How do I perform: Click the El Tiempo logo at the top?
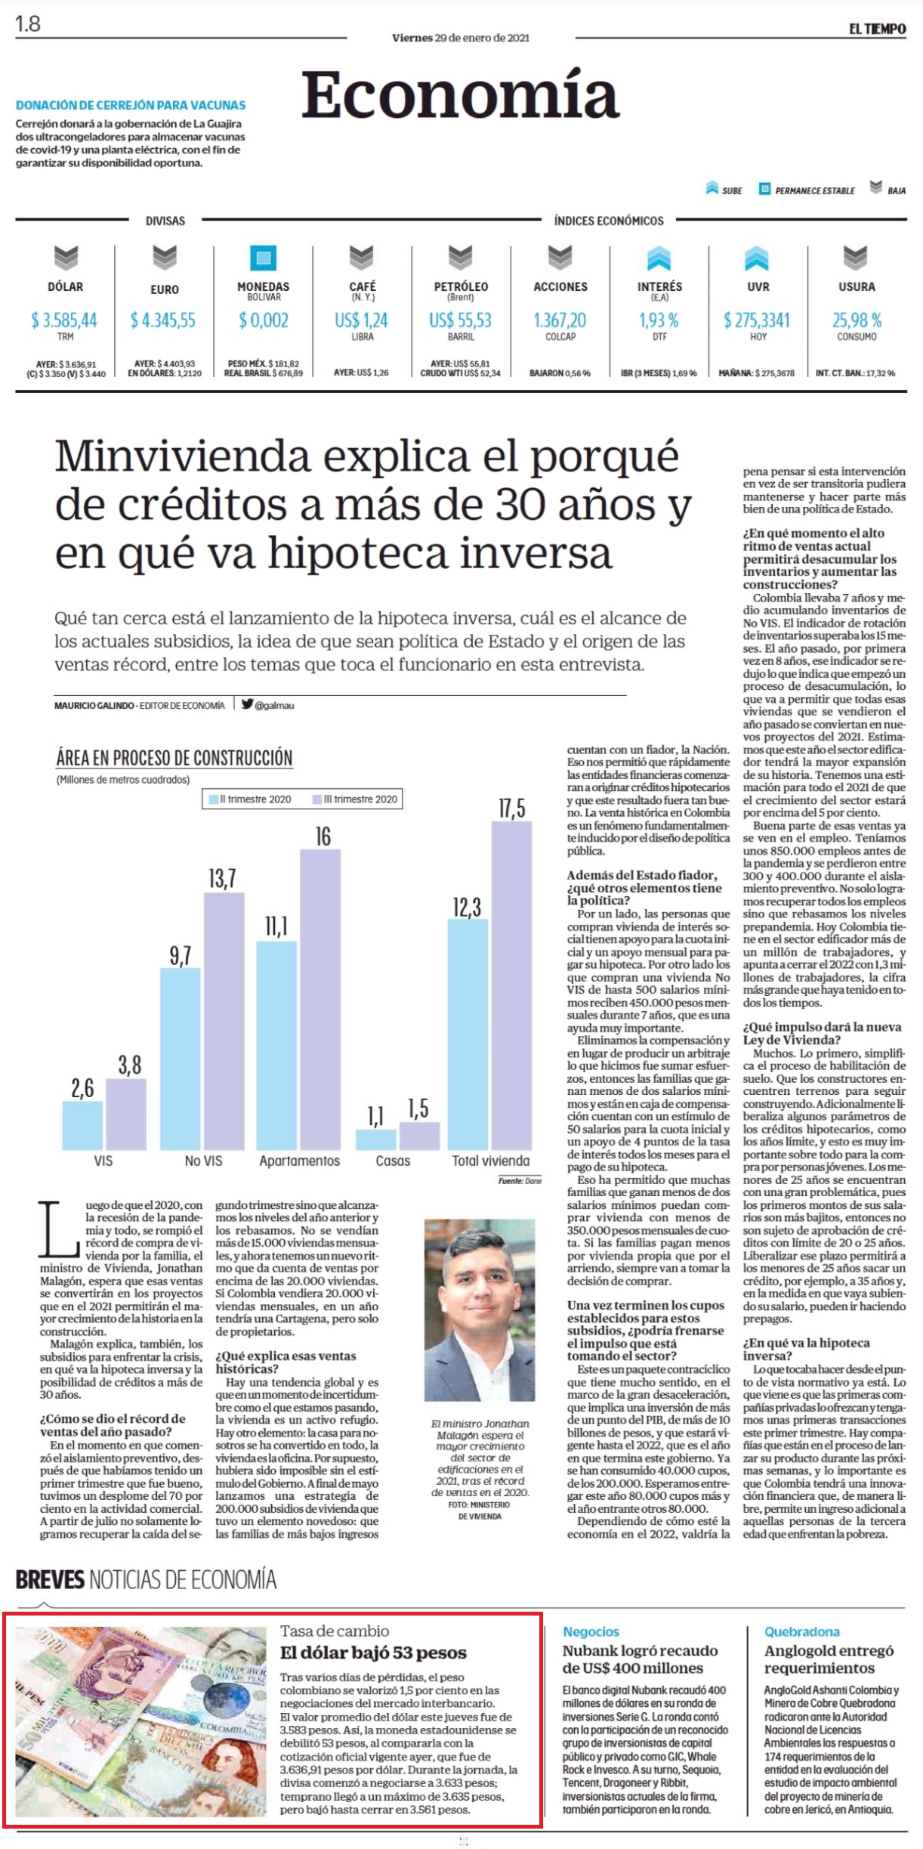coord(877,29)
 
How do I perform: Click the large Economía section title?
coord(460,95)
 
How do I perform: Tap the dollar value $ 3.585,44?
coord(64,320)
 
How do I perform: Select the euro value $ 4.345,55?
coord(163,320)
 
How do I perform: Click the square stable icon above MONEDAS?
coord(263,258)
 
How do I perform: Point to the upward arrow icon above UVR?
coord(757,258)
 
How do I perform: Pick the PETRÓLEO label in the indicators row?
coord(461,286)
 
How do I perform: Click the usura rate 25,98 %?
coord(857,320)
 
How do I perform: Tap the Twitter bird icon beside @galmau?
coord(247,703)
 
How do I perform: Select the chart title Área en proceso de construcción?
coord(174,757)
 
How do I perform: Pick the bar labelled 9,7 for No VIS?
coord(181,1059)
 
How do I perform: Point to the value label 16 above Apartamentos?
coord(323,836)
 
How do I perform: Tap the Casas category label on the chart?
coord(393,1161)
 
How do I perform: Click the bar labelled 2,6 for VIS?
coord(82,1126)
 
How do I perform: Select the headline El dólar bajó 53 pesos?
coord(373,1653)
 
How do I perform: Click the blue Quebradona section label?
coord(802,1631)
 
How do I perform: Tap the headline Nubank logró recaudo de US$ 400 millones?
coord(641,1659)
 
